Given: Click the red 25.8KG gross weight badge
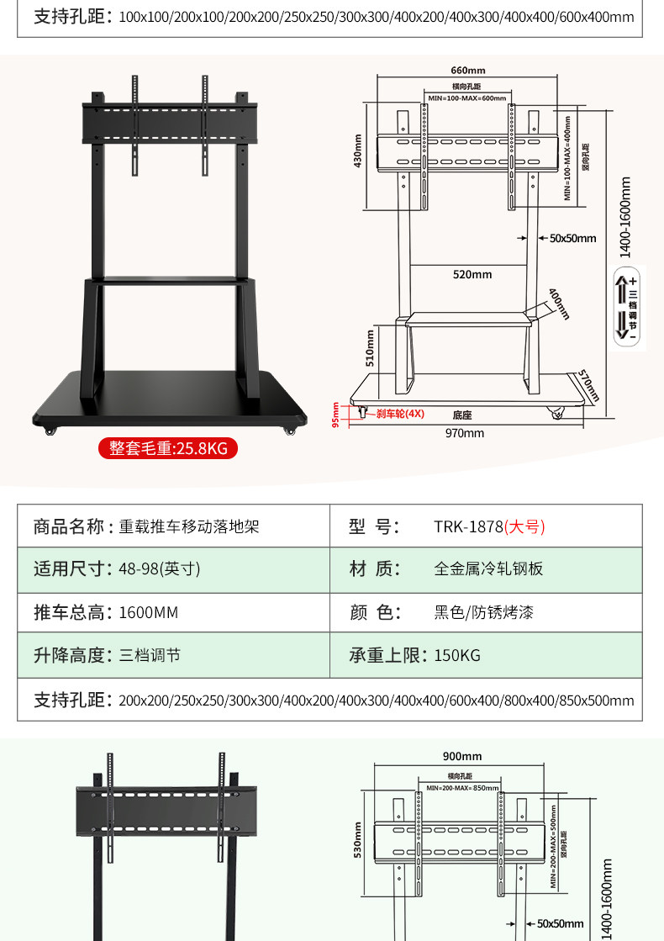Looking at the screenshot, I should pos(168,448).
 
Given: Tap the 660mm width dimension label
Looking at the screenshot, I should pos(468,71).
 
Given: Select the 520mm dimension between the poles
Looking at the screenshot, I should pos(472,274).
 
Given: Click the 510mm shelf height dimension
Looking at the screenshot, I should pos(371,349).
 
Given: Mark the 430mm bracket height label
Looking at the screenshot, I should pos(358,151).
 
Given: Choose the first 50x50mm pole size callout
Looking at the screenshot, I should pos(572,238).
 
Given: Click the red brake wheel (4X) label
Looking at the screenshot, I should pos(400,414).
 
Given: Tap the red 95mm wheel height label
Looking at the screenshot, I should pos(335,414).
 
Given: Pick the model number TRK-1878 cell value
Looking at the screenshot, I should pos(489,527).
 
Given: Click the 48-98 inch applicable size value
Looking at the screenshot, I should pos(160,568).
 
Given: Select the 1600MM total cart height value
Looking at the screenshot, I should pos(149,612).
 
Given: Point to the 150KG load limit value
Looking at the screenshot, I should pos(457,656).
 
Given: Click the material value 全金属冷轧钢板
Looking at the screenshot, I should pos(488,568).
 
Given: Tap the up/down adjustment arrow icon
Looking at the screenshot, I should pos(626,306).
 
